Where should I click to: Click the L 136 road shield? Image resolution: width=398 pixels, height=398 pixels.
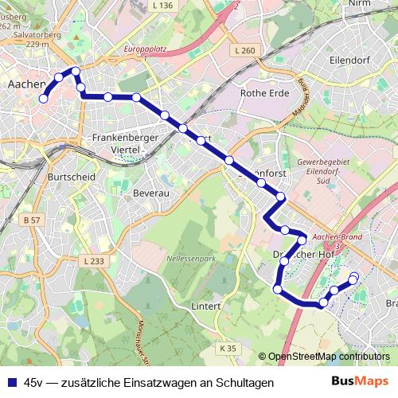coord(183,6)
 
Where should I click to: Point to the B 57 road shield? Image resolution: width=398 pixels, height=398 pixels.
coord(31,220)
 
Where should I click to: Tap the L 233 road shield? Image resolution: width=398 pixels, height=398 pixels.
coord(93,260)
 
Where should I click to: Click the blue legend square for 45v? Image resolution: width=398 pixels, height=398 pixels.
coord(10,383)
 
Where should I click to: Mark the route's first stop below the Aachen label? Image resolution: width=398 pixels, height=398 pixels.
coord(44,97)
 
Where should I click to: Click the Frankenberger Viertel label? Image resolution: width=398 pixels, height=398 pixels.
coord(127,142)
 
